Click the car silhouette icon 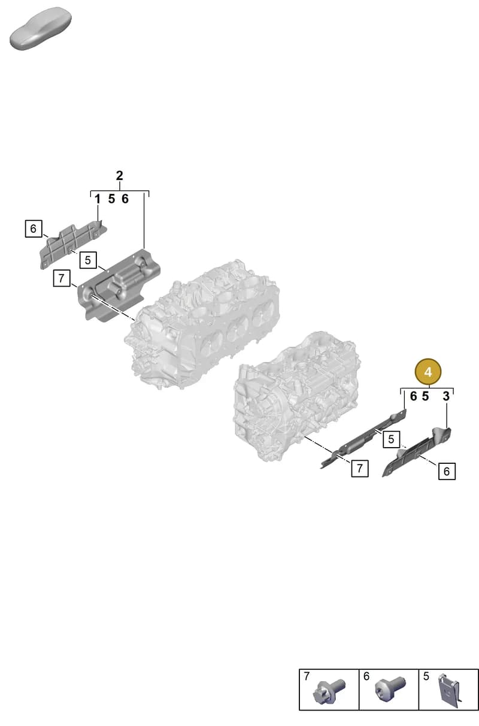(x=40, y=29)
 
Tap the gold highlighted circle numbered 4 (x=428, y=372)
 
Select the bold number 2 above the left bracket (x=119, y=176)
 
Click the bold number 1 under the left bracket (x=97, y=199)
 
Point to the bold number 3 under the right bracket (x=446, y=396)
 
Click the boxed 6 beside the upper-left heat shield (x=34, y=229)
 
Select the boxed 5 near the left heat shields (x=88, y=260)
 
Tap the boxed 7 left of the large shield (x=61, y=278)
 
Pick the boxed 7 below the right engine (x=360, y=468)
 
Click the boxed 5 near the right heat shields (x=391, y=439)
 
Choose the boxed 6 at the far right (x=447, y=471)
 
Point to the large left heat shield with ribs (x=119, y=284)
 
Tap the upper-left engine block (x=202, y=324)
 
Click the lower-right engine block (x=296, y=396)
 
